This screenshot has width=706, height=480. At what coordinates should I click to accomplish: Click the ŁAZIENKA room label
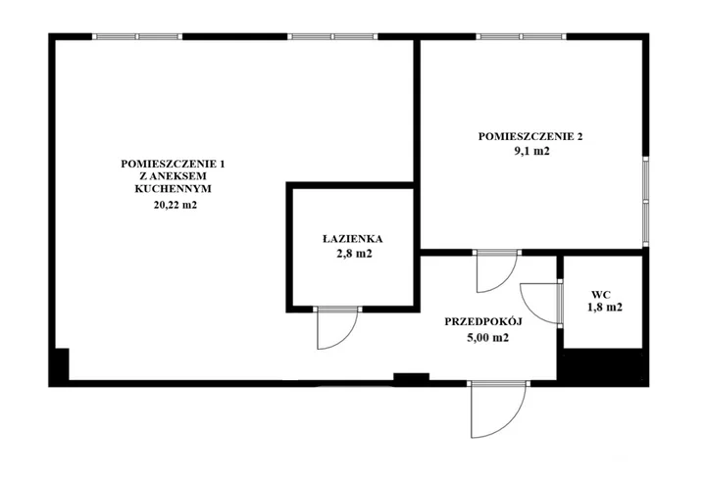pyautogui.click(x=353, y=239)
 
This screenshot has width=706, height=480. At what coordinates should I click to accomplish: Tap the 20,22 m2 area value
pyautogui.click(x=176, y=205)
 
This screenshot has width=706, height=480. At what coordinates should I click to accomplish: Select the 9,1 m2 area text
pyautogui.click(x=531, y=151)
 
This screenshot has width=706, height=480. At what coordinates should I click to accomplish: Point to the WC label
pyautogui.click(x=601, y=295)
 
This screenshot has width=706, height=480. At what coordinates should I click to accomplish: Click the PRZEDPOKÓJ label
pyautogui.click(x=483, y=321)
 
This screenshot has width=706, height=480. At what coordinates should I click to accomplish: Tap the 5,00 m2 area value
pyautogui.click(x=487, y=337)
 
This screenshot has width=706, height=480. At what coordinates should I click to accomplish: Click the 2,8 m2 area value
pyautogui.click(x=354, y=254)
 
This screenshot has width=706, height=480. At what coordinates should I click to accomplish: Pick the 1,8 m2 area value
pyautogui.click(x=605, y=308)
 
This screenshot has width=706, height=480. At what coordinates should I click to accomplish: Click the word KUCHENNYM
pyautogui.click(x=173, y=188)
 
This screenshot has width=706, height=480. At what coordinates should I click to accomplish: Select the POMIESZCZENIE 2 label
pyautogui.click(x=530, y=136)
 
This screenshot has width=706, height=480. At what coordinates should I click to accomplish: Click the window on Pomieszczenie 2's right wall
pyautogui.click(x=645, y=202)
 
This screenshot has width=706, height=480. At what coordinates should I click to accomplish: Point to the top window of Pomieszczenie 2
pyautogui.click(x=522, y=36)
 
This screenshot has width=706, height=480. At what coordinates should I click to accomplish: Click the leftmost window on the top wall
pyautogui.click(x=137, y=36)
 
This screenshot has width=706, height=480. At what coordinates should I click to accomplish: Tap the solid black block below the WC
pyautogui.click(x=602, y=365)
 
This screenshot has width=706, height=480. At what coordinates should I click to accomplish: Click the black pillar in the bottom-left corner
pyautogui.click(x=59, y=365)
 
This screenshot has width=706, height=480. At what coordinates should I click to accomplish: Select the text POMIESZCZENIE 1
pyautogui.click(x=173, y=164)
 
